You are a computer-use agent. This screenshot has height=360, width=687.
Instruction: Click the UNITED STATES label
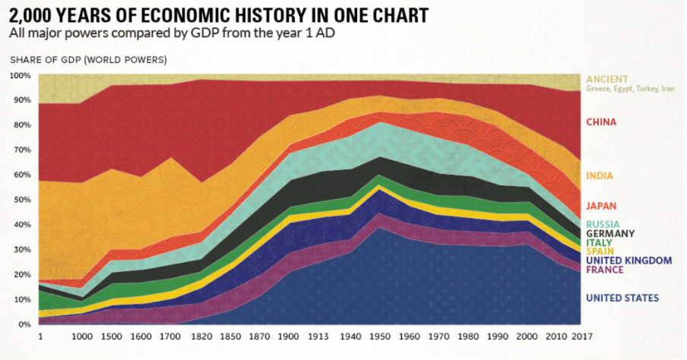pos(622,298)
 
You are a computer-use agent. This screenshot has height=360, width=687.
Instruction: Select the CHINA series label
pos(601,122)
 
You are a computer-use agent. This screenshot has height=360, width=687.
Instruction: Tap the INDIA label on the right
pos(600,176)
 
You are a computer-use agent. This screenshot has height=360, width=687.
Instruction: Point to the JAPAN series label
pos(601,206)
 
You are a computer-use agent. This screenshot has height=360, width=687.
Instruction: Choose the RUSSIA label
pos(603,224)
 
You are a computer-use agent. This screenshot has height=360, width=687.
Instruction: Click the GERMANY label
pos(610,234)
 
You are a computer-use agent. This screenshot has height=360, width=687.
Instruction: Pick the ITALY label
pos(600,243)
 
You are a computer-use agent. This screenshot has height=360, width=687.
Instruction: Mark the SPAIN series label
pos(600,251)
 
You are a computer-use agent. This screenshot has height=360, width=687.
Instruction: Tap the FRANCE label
pos(604,270)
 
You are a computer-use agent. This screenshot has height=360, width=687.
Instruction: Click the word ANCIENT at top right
pos(606,79)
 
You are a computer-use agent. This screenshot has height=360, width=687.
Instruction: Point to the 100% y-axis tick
pos(20,76)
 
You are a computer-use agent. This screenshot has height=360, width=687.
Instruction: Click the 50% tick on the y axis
pos(21,200)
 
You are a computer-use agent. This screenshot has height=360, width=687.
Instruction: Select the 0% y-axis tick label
pos(24,324)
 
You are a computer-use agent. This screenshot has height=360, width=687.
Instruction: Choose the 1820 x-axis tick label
pos(201,336)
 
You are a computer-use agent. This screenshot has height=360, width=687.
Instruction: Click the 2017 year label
pos(582,336)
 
